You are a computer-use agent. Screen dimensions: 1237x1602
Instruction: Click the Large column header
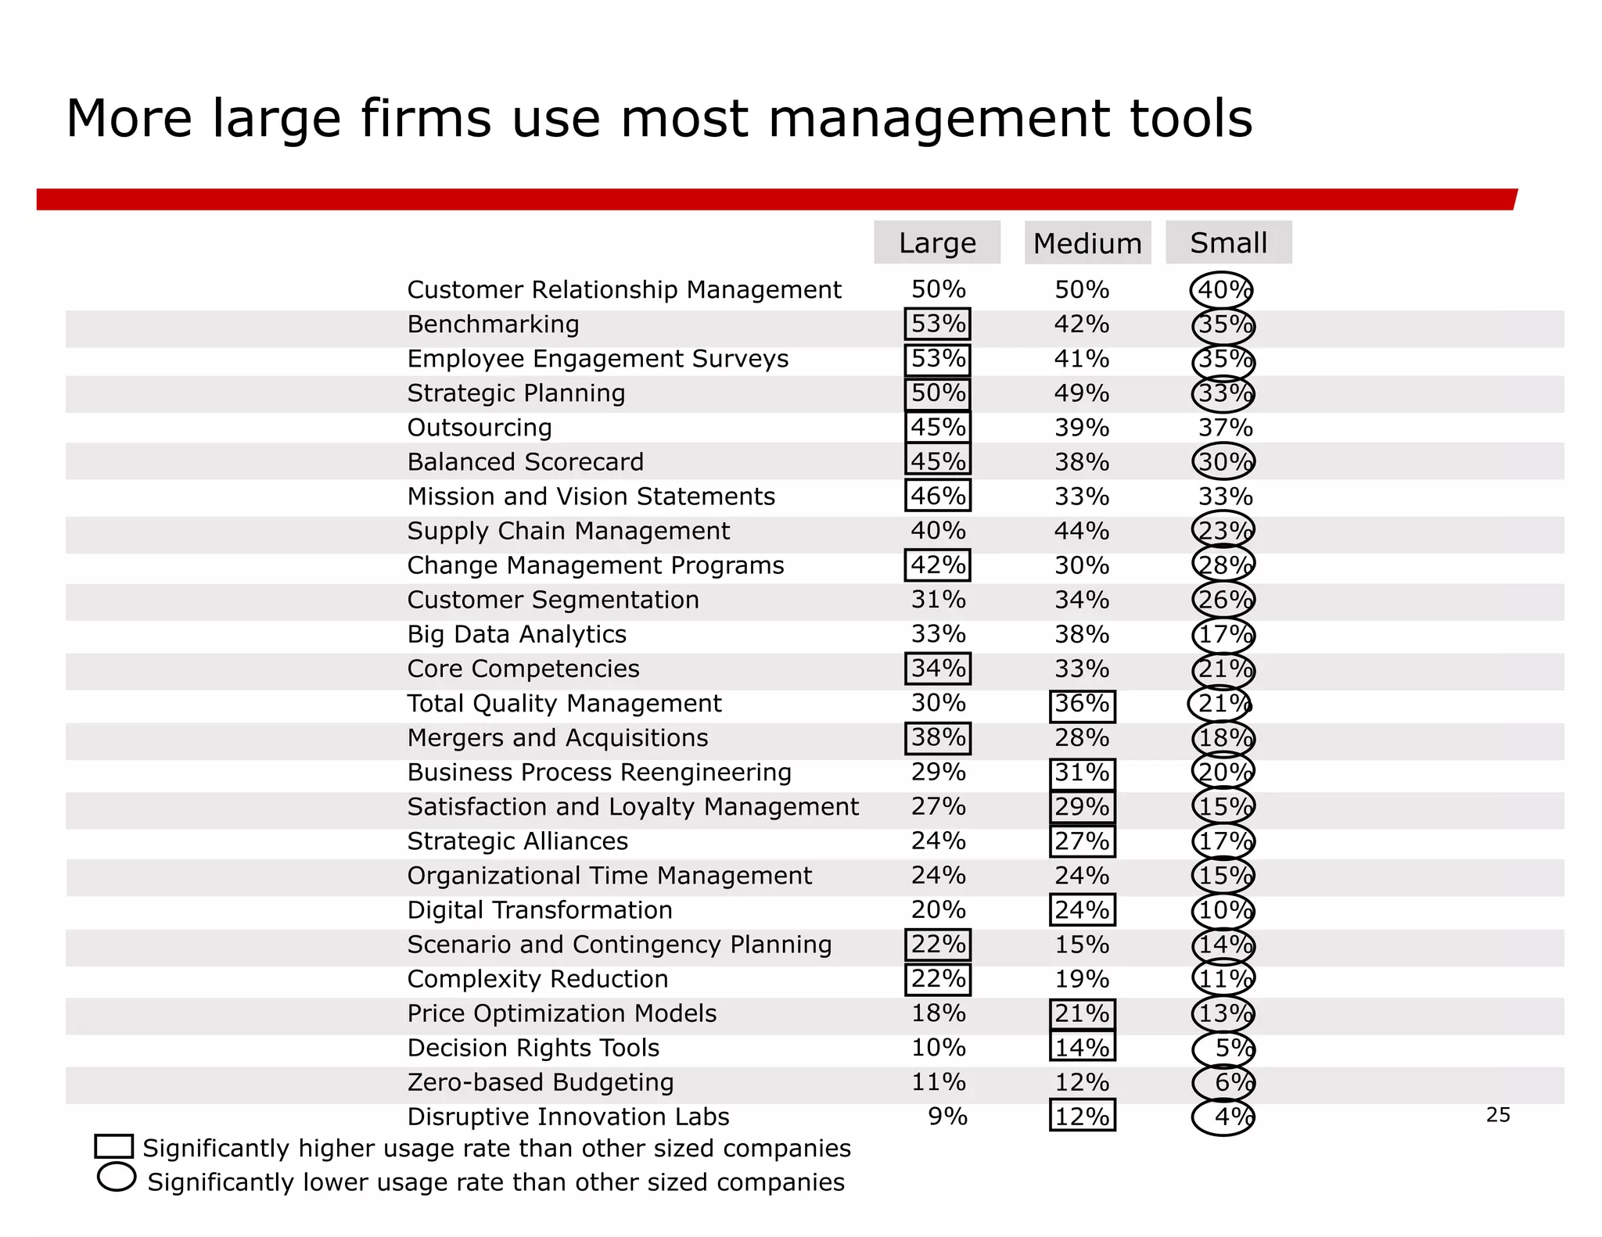click(x=936, y=243)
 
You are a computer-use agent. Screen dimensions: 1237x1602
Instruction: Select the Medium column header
click(x=1087, y=243)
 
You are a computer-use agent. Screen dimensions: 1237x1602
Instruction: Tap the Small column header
click(x=1228, y=243)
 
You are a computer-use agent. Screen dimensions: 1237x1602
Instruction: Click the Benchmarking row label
click(x=493, y=324)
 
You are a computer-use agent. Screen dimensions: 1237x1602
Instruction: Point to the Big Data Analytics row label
click(x=516, y=634)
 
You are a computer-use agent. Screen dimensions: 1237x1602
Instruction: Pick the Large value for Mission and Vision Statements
click(x=937, y=497)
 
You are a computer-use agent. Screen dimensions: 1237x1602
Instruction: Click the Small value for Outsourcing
click(x=1225, y=428)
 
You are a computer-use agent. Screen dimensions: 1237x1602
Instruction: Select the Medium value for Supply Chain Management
click(x=1081, y=531)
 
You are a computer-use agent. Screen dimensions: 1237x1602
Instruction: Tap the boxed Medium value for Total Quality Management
click(x=1081, y=704)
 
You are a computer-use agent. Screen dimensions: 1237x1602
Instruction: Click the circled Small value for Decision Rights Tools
click(x=1224, y=1049)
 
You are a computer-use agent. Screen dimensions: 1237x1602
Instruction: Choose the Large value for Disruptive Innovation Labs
click(x=946, y=1117)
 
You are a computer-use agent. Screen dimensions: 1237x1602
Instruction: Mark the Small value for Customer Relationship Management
click(x=1222, y=290)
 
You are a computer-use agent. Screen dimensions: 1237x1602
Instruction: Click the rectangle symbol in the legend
click(x=113, y=1146)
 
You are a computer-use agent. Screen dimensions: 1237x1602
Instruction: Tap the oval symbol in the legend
click(x=117, y=1178)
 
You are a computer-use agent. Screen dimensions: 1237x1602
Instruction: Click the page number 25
click(x=1497, y=1115)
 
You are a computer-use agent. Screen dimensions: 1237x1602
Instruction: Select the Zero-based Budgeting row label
click(x=540, y=1082)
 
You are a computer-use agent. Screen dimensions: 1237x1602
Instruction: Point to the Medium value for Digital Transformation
click(x=1081, y=910)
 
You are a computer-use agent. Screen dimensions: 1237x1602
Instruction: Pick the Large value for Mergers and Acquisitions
click(x=937, y=738)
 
